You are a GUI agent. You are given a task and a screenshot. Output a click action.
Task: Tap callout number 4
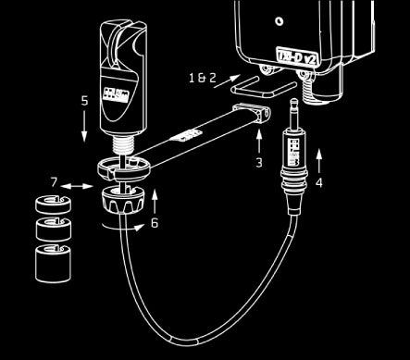click(319, 183)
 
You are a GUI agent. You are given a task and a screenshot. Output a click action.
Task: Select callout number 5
click(84, 99)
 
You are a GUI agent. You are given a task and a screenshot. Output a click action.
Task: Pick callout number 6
click(154, 222)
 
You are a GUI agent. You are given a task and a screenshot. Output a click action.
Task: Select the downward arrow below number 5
click(84, 125)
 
